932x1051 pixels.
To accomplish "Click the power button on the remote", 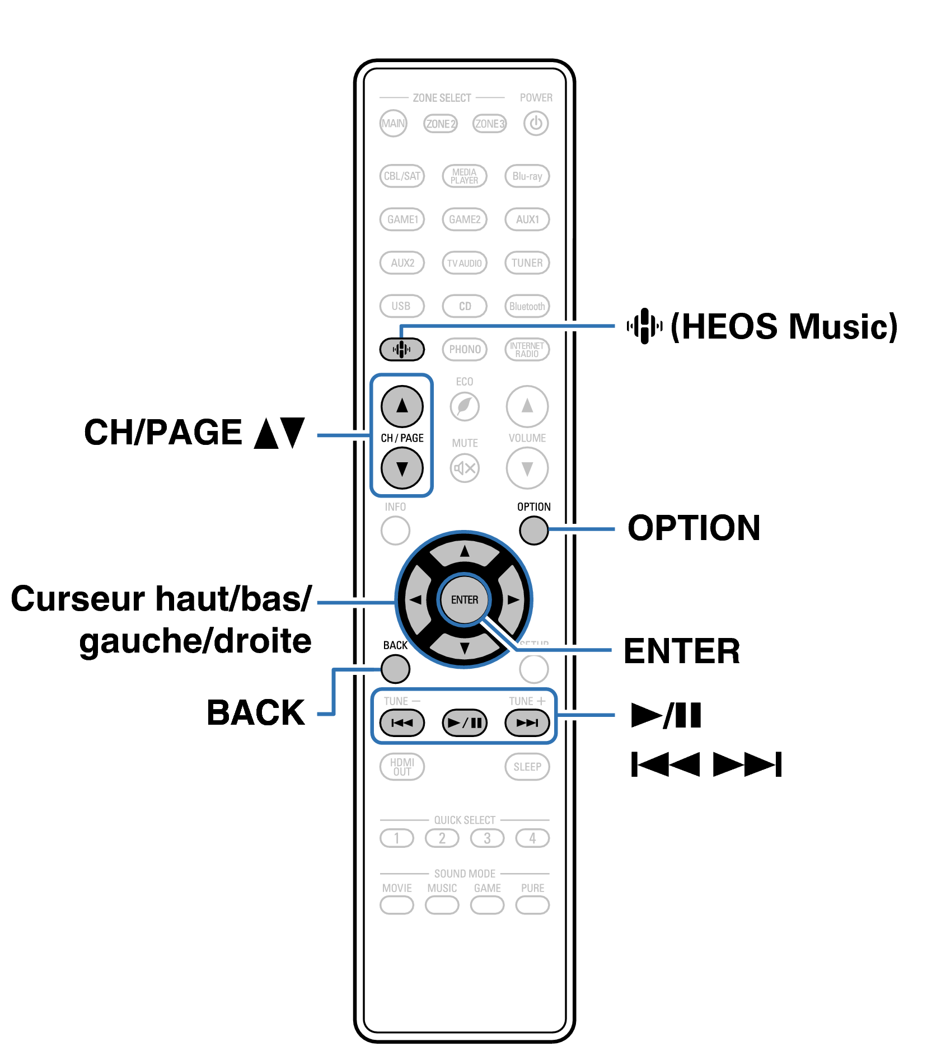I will click(536, 123).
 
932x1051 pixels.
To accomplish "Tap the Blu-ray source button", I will click(527, 176).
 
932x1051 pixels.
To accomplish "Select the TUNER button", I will click(527, 262).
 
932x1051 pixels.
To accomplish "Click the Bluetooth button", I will click(527, 306).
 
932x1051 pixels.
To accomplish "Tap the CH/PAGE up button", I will click(402, 406).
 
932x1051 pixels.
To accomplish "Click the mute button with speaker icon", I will click(465, 468).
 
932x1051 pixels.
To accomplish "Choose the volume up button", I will click(527, 406).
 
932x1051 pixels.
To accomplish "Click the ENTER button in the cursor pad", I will click(465, 599).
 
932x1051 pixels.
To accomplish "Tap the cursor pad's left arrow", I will click(415, 599).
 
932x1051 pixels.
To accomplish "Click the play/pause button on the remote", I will click(465, 722).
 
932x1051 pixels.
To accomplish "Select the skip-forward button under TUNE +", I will click(527, 722).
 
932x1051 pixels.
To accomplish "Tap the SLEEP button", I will click(527, 766).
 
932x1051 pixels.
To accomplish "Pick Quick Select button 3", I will click(487, 838).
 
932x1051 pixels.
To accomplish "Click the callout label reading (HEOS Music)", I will click(784, 326).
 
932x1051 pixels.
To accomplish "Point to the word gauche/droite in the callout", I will click(195, 641).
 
